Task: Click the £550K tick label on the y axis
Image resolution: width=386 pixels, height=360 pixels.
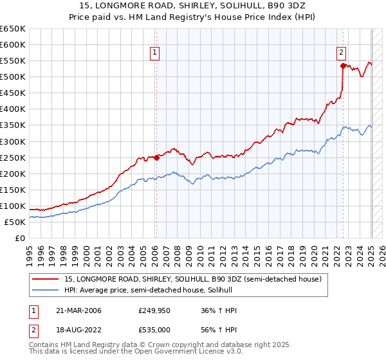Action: (x=13, y=61)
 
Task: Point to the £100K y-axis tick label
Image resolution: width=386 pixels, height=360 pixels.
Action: (x=13, y=206)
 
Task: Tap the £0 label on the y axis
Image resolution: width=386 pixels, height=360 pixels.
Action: (x=20, y=238)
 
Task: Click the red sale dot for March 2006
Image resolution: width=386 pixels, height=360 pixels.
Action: (x=156, y=157)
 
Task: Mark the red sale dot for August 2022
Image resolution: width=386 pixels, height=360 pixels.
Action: (x=343, y=65)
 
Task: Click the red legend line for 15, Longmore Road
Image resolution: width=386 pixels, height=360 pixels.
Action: (x=46, y=279)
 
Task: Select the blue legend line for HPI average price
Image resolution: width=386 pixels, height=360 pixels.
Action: (x=46, y=291)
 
